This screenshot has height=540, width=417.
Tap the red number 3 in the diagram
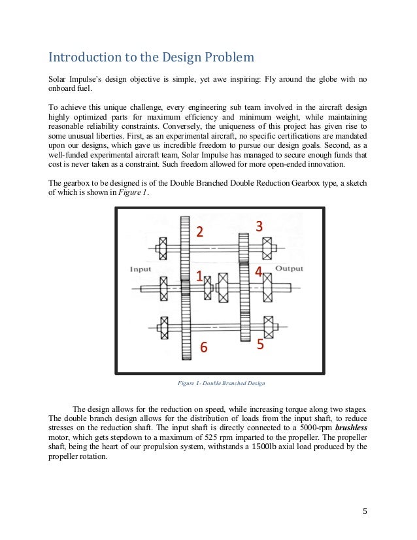(x=259, y=226)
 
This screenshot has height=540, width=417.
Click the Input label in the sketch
(x=141, y=269)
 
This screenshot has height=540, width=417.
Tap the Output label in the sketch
(x=289, y=268)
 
